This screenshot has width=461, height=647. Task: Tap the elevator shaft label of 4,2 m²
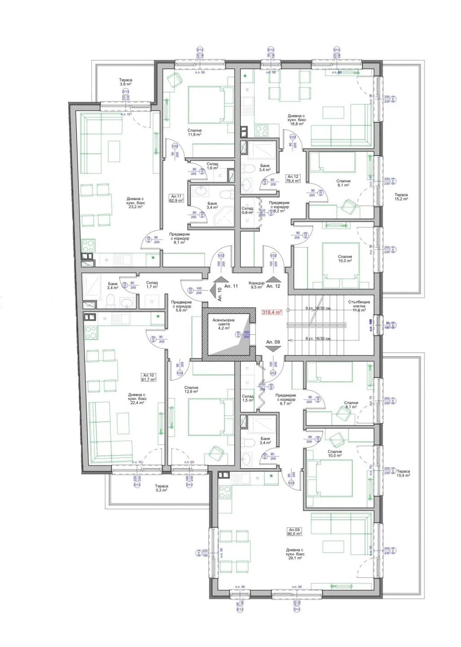pos(223,323)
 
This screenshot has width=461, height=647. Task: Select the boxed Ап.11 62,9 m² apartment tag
pos(176,198)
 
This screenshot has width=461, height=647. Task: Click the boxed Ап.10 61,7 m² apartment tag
pos(149,377)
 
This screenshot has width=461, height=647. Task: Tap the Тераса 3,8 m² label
pos(126,82)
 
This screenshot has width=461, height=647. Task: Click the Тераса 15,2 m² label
pos(401,197)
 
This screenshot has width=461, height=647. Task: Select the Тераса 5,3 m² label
pos(161,488)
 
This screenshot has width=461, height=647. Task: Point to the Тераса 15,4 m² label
pos(403,473)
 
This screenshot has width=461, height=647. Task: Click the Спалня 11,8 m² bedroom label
pos(194,132)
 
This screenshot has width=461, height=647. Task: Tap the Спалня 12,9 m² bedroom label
pos(191,389)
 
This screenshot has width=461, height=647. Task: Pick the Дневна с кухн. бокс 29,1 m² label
pos(294,554)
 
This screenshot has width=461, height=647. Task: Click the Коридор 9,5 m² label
pos(256,285)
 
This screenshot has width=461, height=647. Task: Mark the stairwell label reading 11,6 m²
pos(359,306)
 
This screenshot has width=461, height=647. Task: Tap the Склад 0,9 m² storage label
pos(247,210)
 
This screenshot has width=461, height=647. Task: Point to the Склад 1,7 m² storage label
pos(152,284)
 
